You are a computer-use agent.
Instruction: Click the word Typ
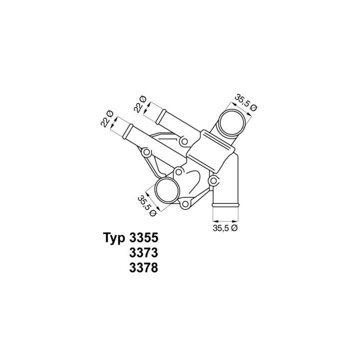click(114, 237)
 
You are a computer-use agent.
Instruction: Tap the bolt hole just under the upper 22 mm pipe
click(185, 142)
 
